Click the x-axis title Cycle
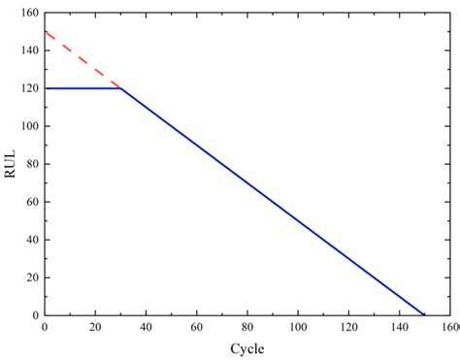246,348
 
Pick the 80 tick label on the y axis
30,164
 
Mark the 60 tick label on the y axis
30,202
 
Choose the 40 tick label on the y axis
30,240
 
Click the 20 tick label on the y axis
30,278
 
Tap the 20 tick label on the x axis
94,328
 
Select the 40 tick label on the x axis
146,328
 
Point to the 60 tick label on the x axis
196,328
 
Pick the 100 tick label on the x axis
297,328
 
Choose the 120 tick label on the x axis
348,328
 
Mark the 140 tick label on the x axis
399,328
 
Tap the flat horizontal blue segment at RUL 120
82,88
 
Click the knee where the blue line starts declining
119,88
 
